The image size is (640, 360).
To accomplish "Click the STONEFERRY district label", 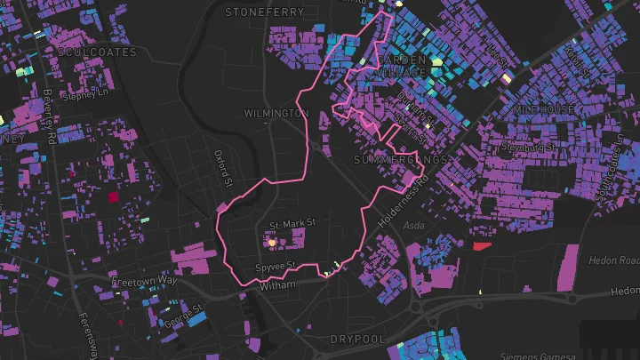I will pyautogui.click(x=264, y=12).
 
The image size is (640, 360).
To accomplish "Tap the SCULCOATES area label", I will pyautogui.click(x=96, y=52).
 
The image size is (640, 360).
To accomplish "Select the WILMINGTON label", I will pyautogui.click(x=276, y=114).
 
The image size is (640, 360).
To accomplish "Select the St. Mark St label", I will pyautogui.click(x=292, y=225).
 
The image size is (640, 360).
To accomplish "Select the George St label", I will pyautogui.click(x=185, y=311).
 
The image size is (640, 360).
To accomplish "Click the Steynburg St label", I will pyautogui.click(x=530, y=145).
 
